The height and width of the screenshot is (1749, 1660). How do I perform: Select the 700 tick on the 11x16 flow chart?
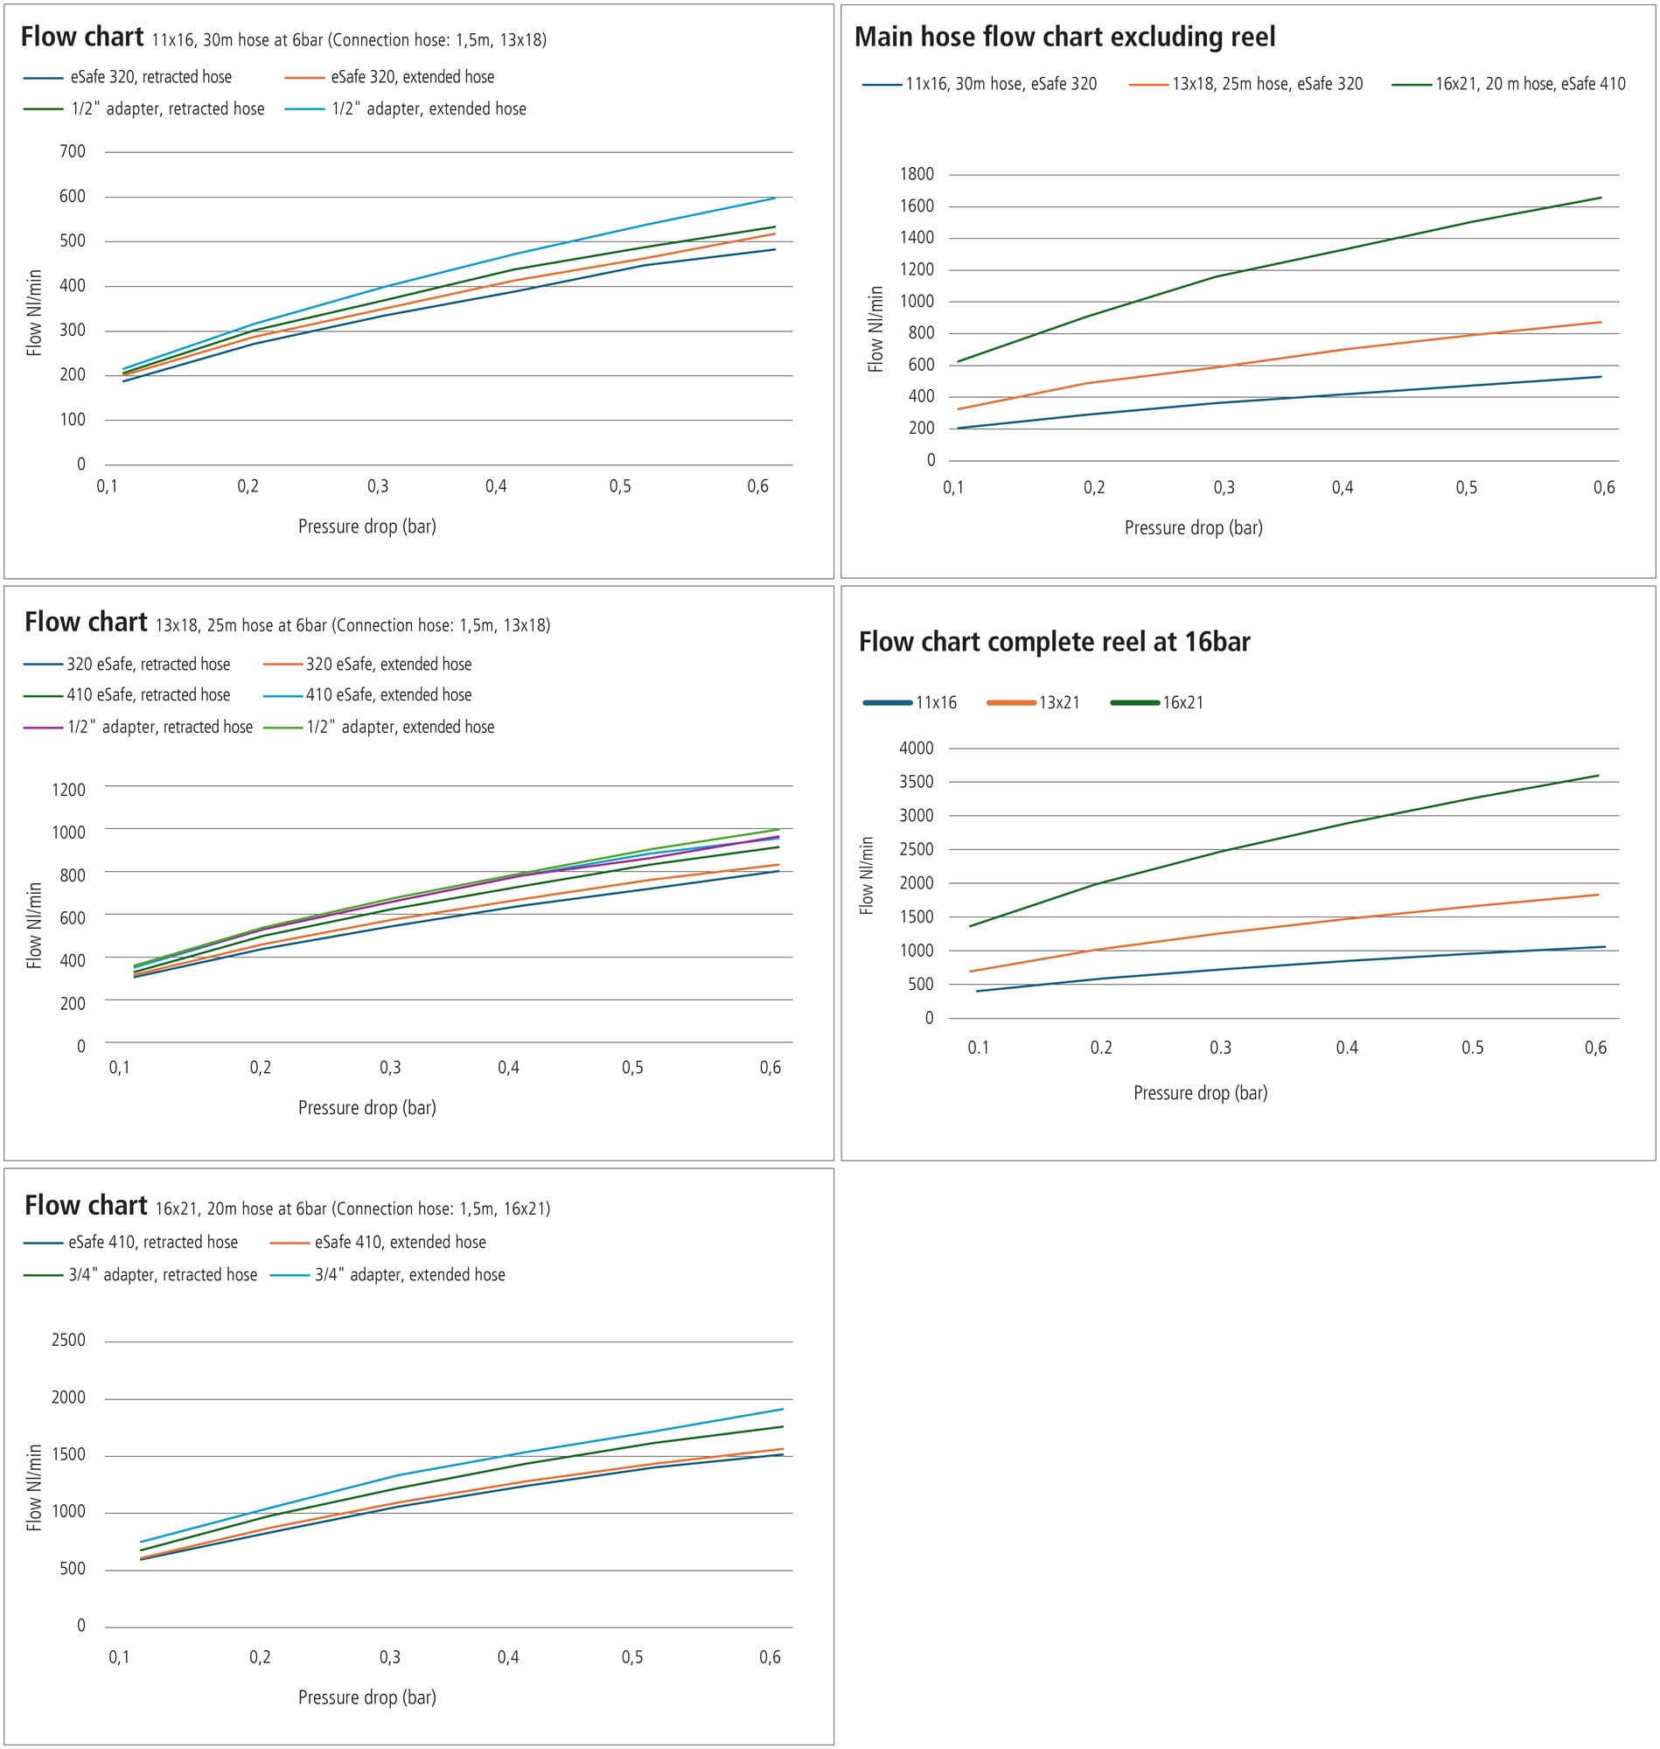73,151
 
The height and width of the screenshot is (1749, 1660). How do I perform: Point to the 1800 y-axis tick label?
917,174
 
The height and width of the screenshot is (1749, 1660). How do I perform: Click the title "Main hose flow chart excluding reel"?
1064,37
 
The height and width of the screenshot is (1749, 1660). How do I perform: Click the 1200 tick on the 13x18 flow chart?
69,790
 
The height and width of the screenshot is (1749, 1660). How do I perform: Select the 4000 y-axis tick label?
916,749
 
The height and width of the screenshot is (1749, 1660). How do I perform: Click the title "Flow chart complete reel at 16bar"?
1054,641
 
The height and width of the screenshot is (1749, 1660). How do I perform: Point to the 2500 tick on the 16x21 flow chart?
69,1341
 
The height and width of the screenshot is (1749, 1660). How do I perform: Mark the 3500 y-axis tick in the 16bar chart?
916,782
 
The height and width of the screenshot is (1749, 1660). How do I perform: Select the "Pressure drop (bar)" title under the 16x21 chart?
366,1697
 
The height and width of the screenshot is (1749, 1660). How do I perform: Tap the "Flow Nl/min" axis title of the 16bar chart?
866,876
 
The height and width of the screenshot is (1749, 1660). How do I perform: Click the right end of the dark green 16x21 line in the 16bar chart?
1598,776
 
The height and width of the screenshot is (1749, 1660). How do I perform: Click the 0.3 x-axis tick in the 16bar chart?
1220,1048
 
